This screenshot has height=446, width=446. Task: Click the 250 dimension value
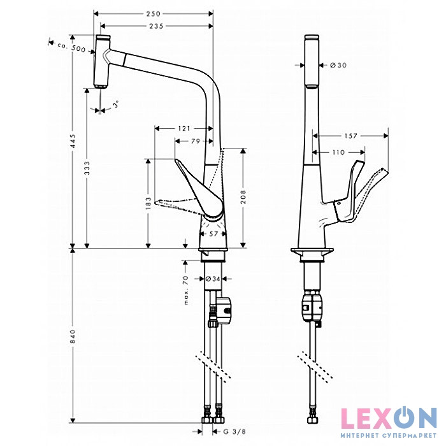[153, 13]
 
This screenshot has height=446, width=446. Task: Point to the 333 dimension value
[87, 168]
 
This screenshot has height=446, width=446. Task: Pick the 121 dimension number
[184, 128]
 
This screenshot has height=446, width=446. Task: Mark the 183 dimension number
[148, 203]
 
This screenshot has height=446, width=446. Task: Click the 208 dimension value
[242, 198]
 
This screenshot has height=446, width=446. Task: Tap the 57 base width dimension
[214, 234]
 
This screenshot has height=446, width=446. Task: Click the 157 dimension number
[350, 136]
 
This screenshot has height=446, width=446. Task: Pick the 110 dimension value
[338, 152]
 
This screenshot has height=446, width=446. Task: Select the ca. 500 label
[71, 47]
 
